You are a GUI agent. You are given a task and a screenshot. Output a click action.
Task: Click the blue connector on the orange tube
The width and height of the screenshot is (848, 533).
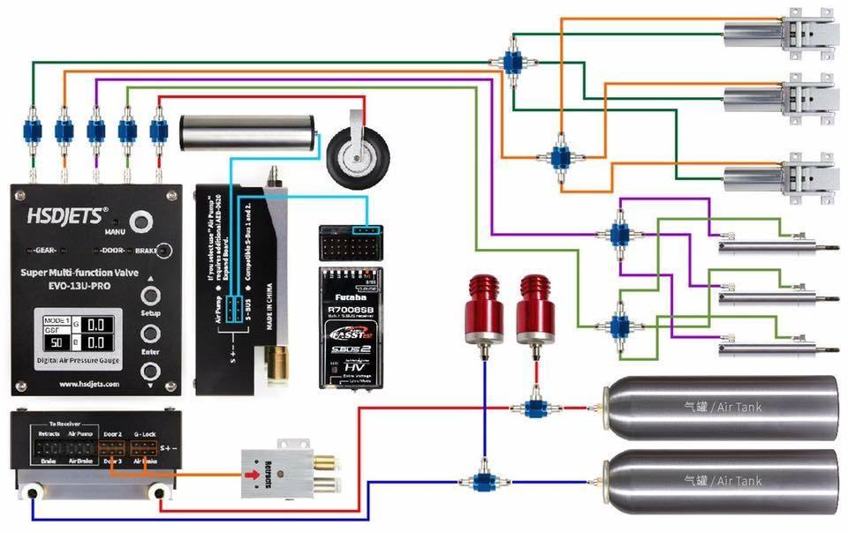coord(63,131)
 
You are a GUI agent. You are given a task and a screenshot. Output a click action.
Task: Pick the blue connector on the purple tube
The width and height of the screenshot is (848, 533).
coord(95,131)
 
